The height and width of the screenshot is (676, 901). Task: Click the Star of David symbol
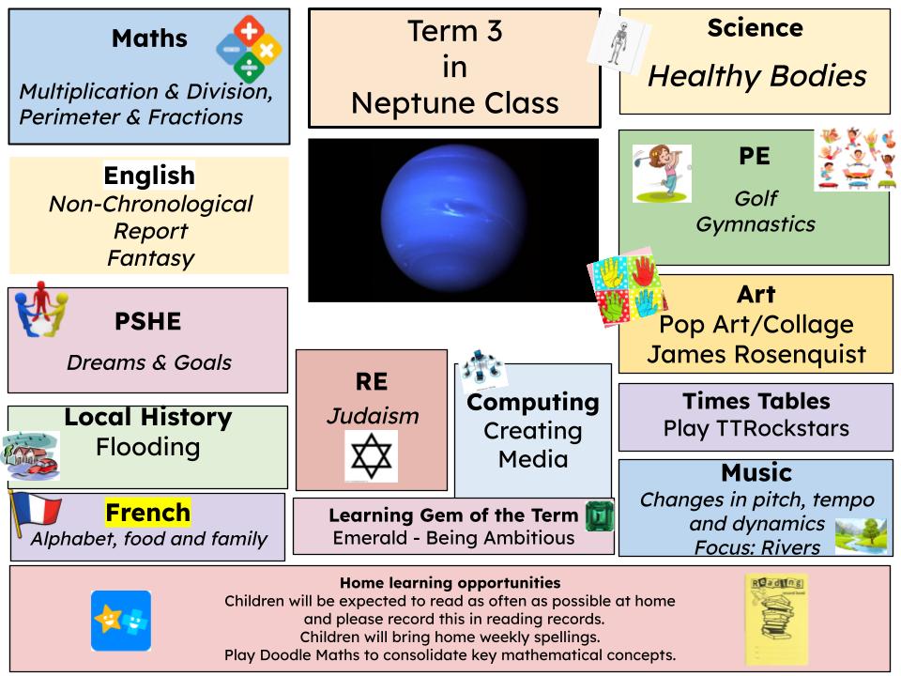pos(372,456)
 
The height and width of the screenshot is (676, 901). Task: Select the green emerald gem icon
pos(600,515)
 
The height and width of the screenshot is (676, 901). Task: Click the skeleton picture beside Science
pos(618,42)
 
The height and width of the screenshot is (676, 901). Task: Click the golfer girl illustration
pos(662,174)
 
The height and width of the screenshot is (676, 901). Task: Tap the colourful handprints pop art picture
pos(627,287)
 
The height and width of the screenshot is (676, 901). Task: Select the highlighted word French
pos(147,513)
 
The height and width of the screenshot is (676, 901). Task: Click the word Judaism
pos(373,416)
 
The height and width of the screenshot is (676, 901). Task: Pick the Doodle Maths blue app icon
pos(121,621)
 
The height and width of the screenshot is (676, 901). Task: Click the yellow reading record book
pos(776,619)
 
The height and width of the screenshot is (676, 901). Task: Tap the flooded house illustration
pos(31,455)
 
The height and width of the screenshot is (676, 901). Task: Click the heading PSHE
pos(147,321)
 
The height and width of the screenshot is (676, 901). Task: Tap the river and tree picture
pos(861,536)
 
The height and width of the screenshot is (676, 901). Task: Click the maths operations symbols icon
pos(249,49)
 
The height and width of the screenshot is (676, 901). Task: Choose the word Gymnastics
pos(756,224)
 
